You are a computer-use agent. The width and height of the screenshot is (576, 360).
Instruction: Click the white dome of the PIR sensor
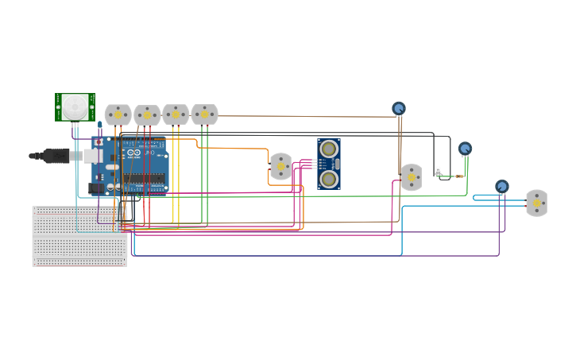[x=75, y=106]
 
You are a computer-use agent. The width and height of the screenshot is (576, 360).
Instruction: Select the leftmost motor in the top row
[x=118, y=114]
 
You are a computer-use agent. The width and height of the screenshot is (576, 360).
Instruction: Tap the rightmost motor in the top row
[x=204, y=114]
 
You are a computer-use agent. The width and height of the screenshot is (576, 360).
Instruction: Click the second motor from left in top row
[x=147, y=116]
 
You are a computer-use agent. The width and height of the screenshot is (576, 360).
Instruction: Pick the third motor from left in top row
[x=176, y=114]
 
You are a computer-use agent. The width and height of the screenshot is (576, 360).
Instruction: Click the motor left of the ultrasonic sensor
[x=280, y=167]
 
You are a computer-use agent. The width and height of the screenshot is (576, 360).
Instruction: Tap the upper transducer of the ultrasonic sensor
[x=329, y=149]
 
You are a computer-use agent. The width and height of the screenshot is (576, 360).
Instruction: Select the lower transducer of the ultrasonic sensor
[x=329, y=179]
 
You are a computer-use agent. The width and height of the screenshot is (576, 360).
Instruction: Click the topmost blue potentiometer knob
[x=399, y=108]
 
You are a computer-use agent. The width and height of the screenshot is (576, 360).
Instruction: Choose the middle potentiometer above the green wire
[x=465, y=149]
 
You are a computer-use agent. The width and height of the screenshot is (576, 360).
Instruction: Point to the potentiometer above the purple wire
[x=502, y=187]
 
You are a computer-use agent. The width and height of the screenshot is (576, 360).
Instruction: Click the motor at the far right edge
[x=537, y=203]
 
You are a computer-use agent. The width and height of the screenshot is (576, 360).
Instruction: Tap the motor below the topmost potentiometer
[x=411, y=177]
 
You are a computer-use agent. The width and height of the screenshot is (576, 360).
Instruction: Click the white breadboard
[x=79, y=237]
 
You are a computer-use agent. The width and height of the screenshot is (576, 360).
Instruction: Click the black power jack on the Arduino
[x=96, y=188]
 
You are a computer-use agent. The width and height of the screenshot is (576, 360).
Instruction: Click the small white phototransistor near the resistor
[x=438, y=170]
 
